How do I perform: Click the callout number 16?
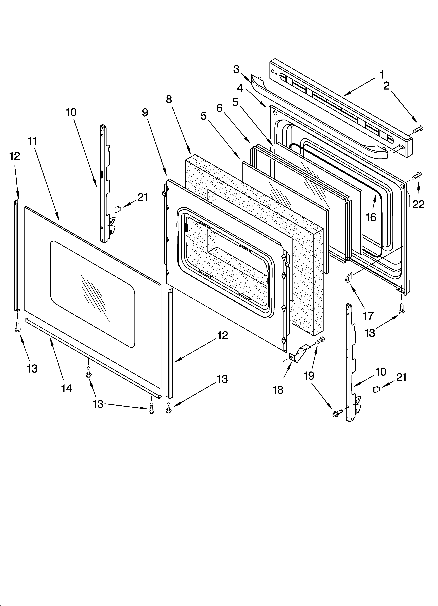(371, 217)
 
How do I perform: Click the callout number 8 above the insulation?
(169, 99)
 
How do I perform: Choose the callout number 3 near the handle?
(236, 69)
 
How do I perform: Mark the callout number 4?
(240, 88)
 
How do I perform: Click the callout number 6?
(219, 108)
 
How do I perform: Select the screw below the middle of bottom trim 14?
(88, 372)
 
